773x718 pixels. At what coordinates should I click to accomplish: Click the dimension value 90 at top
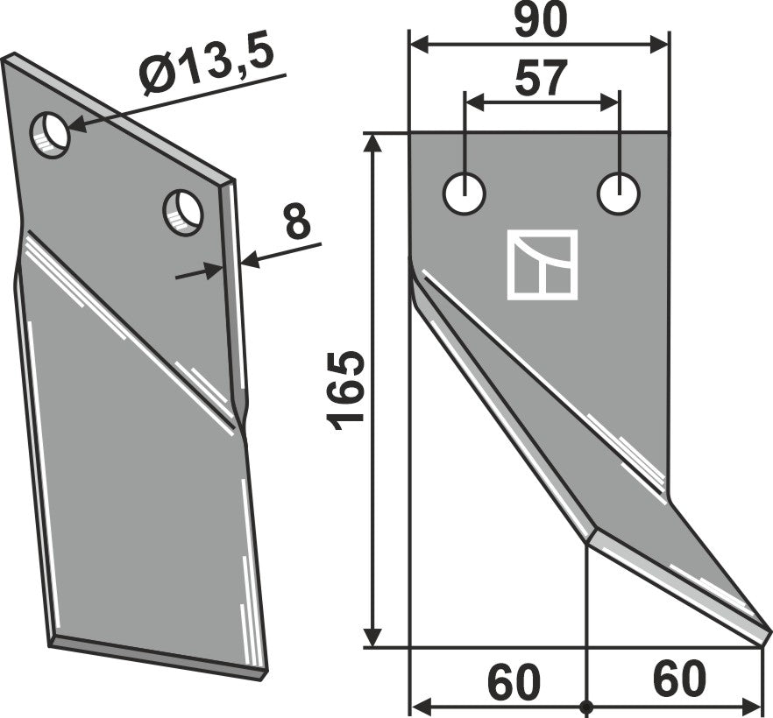pos(541,21)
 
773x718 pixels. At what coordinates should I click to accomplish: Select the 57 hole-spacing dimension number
pos(539,78)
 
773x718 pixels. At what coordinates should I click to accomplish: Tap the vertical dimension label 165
pos(345,391)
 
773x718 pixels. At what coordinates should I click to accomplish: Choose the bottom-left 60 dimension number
pos(514,680)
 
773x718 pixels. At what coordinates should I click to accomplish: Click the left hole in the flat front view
pos(465,194)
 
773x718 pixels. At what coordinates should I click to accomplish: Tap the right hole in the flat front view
pos(619,194)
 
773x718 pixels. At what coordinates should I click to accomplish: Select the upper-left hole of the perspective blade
pos(50,136)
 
